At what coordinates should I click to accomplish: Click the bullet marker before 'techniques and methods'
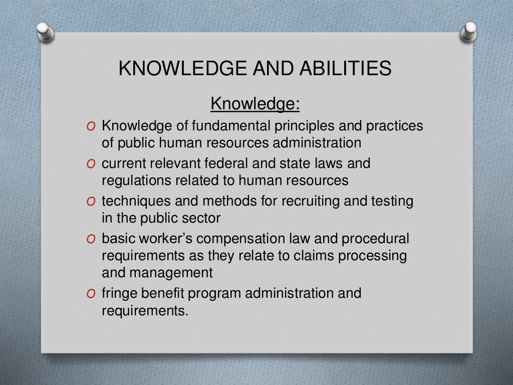coord(90,202)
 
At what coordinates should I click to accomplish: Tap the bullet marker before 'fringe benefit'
coord(90,294)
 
